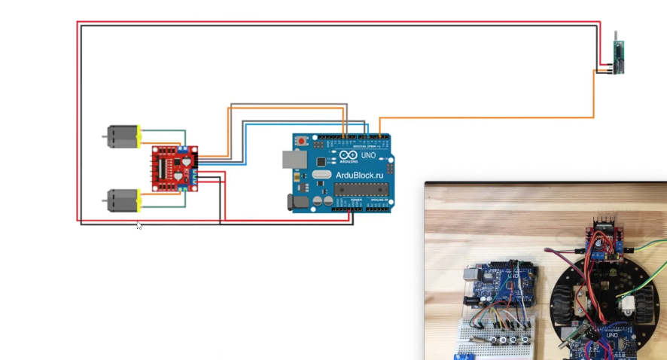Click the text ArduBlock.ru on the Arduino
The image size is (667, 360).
tap(355, 173)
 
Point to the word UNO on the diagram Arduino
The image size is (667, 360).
tap(368, 155)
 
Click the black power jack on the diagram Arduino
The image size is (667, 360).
tap(291, 201)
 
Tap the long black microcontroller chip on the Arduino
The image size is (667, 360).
tap(360, 188)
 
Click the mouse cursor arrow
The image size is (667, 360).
tap(139, 225)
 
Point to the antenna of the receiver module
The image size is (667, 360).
tap(617, 36)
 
